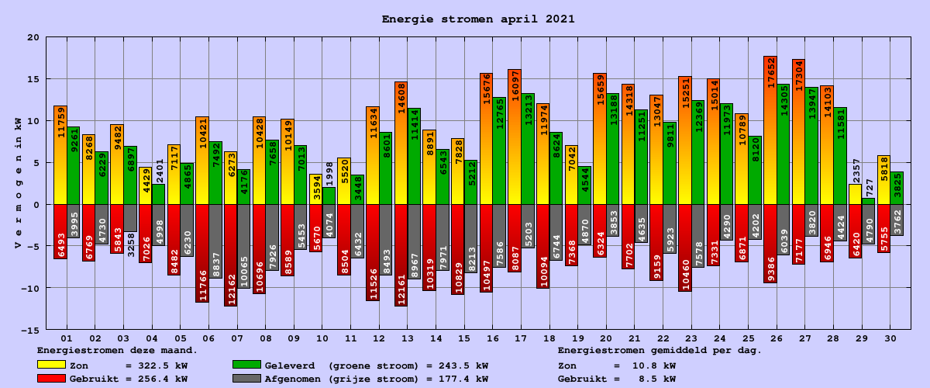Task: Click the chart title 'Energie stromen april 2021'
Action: click(x=478, y=19)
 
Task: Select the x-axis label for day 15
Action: click(x=464, y=338)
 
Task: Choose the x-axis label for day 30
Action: click(x=890, y=338)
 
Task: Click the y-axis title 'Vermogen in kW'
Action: click(x=18, y=183)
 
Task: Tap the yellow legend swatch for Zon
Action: click(x=51, y=365)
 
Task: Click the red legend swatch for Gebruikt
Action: click(x=51, y=379)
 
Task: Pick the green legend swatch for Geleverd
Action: click(x=246, y=365)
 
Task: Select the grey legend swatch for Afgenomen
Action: click(x=246, y=379)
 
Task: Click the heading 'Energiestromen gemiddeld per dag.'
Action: click(x=660, y=351)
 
